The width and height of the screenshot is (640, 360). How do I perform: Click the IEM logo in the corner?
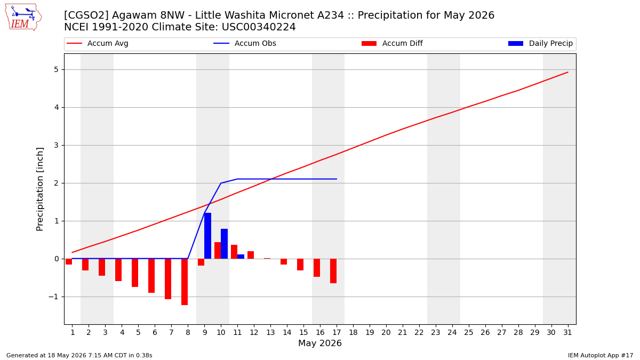[23, 18]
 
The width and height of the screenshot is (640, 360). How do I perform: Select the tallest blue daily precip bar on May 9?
[207, 236]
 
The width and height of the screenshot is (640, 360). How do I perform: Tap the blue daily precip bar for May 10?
[225, 244]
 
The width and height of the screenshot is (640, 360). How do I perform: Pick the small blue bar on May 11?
[241, 257]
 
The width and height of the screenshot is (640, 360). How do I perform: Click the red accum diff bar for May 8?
[185, 282]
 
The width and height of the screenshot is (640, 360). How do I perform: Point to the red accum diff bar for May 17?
[333, 271]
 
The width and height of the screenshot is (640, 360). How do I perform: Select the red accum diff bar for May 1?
[69, 261]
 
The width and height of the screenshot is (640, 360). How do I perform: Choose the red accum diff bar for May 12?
[251, 255]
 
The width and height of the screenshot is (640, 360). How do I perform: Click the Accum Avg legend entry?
[98, 43]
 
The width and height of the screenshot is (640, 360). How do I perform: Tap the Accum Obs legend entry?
[245, 43]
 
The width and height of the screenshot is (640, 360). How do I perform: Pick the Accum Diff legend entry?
[392, 43]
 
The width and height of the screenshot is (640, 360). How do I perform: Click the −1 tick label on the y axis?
[53, 297]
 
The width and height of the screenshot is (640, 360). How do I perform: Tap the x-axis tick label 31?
[567, 332]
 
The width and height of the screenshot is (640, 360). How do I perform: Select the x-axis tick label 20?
[386, 332]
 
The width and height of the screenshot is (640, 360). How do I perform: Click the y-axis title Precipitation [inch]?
[39, 189]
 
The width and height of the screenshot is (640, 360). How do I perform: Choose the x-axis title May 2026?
[320, 343]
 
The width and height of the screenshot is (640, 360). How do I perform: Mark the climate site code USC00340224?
[259, 27]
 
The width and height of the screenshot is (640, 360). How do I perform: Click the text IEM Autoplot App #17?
[601, 355]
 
